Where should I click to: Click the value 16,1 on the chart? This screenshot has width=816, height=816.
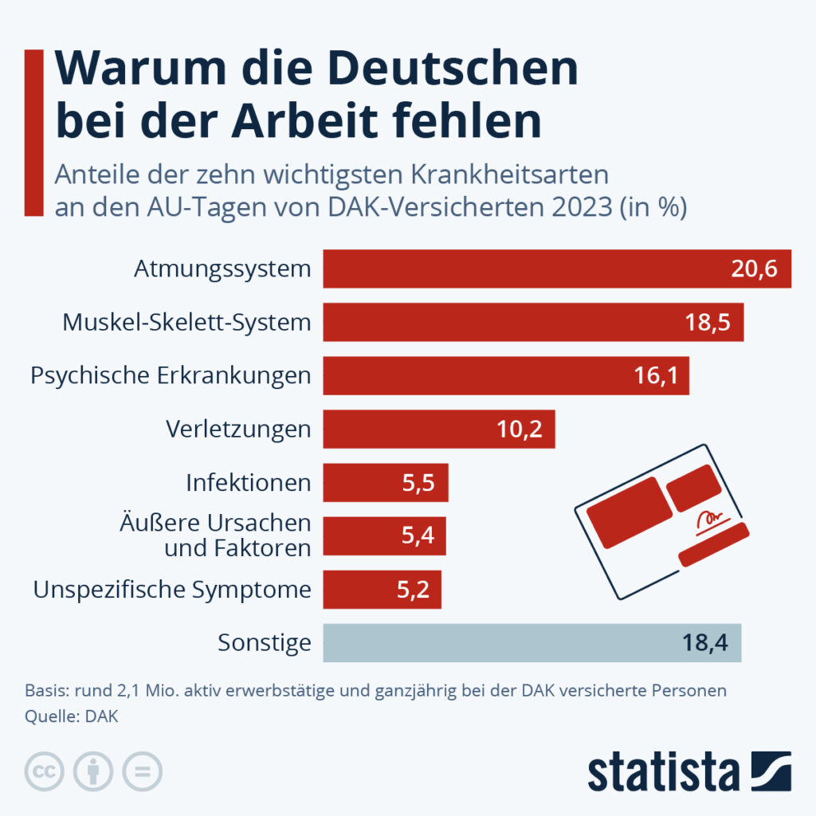pyautogui.click(x=656, y=376)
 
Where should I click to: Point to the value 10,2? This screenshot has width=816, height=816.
pyautogui.click(x=520, y=430)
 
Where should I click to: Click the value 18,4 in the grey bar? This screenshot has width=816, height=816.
pyautogui.click(x=706, y=643)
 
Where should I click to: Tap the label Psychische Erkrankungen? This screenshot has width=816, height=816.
pyautogui.click(x=171, y=376)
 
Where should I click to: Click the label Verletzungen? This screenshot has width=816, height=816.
pyautogui.click(x=238, y=430)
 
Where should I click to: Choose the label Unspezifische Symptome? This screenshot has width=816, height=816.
pyautogui.click(x=172, y=590)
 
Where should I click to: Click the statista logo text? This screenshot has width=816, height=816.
pyautogui.click(x=664, y=772)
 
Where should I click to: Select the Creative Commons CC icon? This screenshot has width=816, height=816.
pyautogui.click(x=46, y=771)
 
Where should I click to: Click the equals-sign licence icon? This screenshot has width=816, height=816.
pyautogui.click(x=142, y=771)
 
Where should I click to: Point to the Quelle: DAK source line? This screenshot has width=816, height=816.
pyautogui.click(x=72, y=716)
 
